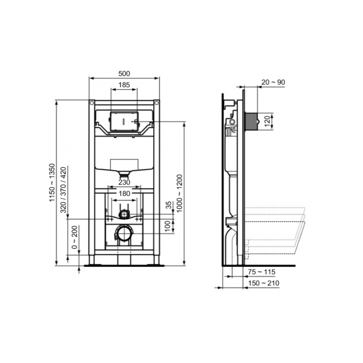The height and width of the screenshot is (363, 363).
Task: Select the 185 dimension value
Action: click(124, 84)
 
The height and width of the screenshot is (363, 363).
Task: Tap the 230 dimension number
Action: click(124, 182)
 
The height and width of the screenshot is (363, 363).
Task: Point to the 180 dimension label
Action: click(124, 193)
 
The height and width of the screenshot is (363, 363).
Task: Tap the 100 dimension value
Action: click(168, 225)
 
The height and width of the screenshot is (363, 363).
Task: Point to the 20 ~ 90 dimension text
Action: click(273, 82)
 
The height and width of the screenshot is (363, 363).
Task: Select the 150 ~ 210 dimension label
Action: click(264, 283)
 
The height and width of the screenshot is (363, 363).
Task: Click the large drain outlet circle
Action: click(123, 234)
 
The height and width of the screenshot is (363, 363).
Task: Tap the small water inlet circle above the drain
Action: click(124, 213)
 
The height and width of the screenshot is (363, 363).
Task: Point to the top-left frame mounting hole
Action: click(92, 103)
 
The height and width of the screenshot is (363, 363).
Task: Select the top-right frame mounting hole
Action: click(157, 103)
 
